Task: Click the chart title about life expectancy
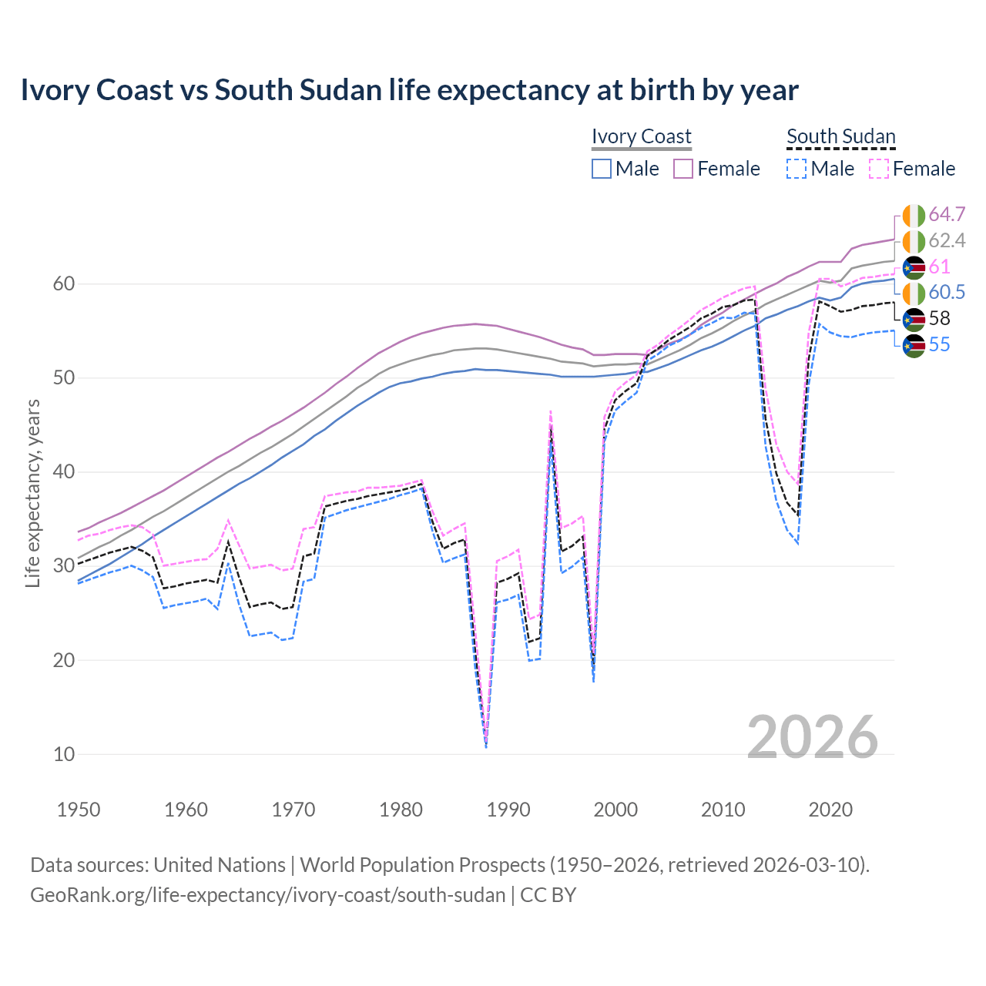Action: [409, 90]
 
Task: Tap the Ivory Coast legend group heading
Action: [641, 136]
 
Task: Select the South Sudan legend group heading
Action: [840, 136]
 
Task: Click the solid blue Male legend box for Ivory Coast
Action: [602, 169]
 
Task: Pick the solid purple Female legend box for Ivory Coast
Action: [684, 169]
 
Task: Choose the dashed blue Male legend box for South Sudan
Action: [797, 169]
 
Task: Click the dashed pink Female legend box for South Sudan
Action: [879, 169]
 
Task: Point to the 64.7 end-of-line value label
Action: [947, 214]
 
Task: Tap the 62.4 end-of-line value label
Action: [947, 240]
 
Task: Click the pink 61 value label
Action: [939, 267]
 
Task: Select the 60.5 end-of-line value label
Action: [947, 292]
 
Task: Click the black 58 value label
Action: [939, 318]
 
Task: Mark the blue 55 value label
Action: [939, 344]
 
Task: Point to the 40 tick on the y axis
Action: [64, 471]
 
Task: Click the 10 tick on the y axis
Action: [64, 754]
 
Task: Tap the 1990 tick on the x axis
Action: [508, 810]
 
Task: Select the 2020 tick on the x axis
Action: [830, 810]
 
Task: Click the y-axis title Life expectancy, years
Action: [32, 493]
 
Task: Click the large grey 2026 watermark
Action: [813, 737]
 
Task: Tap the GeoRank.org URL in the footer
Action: [267, 895]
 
